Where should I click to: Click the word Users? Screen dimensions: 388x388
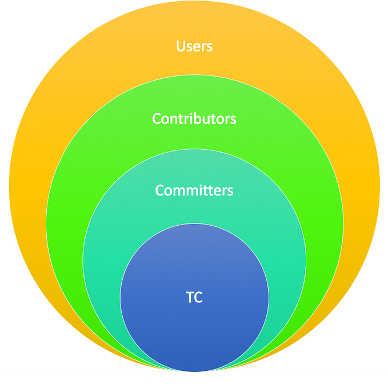click(194, 46)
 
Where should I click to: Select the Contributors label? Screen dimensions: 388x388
click(194, 119)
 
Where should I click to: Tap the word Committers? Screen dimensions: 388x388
click(194, 190)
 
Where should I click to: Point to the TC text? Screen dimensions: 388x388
click(194, 297)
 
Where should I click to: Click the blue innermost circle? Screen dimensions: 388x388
click(194, 331)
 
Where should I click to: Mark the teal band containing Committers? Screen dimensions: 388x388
click(114, 240)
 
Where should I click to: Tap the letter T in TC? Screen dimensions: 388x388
click(190, 297)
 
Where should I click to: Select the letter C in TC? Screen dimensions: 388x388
click(199, 297)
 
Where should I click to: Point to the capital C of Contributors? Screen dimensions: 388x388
click(157, 119)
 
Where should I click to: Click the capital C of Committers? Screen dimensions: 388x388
click(160, 190)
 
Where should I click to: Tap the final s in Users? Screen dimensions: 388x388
click(209, 47)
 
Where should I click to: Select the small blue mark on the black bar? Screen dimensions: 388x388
click(194, 373)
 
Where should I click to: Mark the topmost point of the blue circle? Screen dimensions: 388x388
click(194, 224)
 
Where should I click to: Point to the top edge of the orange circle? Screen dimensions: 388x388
click(194, 2)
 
